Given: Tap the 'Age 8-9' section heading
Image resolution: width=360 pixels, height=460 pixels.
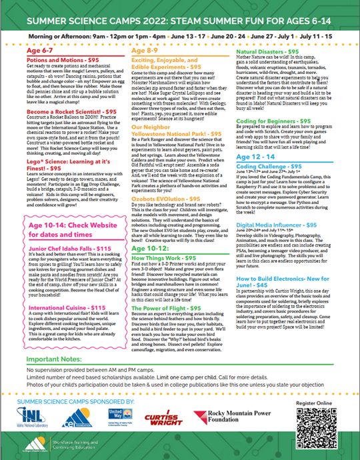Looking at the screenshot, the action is pos(147,51).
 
